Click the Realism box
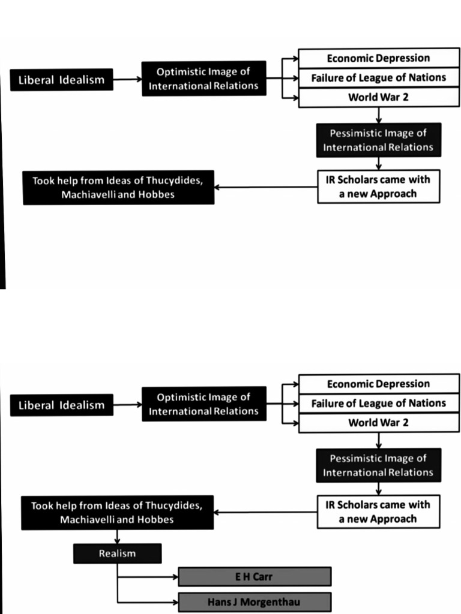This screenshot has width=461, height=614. [x=117, y=553]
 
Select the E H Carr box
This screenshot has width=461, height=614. [x=255, y=577]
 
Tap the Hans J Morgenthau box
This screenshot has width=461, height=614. [x=255, y=601]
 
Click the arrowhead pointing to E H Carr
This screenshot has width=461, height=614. [x=175, y=577]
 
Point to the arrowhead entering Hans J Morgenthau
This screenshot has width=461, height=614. [x=175, y=601]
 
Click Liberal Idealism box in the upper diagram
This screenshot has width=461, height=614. [x=61, y=80]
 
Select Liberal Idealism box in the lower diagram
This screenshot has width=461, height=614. [x=61, y=405]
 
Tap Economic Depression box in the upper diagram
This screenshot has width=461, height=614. [x=378, y=58]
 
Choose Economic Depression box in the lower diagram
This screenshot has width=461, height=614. [x=378, y=384]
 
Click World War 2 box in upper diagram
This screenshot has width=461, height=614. [x=378, y=97]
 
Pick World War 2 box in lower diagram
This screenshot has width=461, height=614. [x=378, y=423]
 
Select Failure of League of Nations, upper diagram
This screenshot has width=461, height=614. [x=378, y=77]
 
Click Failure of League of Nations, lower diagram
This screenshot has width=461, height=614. [x=378, y=403]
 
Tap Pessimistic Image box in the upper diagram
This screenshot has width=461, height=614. [x=378, y=140]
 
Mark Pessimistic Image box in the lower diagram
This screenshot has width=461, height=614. [x=378, y=465]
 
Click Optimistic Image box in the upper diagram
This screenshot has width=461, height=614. [x=203, y=79]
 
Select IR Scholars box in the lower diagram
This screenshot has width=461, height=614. [x=378, y=511]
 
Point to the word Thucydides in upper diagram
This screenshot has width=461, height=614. [x=171, y=180]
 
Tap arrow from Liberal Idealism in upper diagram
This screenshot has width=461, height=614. [x=127, y=79]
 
